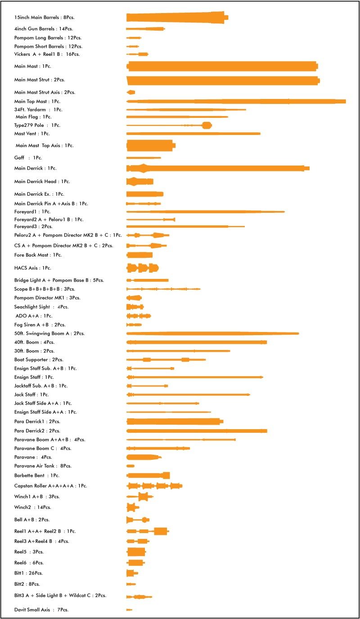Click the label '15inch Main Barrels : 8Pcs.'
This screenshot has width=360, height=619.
click(44, 18)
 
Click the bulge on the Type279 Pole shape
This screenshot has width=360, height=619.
click(207, 126)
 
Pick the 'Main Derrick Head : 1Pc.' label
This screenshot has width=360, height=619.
click(42, 182)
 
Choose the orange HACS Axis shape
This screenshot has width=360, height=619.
click(142, 268)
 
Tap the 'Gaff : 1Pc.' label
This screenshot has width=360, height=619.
click(28, 158)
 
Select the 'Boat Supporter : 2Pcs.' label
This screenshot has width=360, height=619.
click(39, 360)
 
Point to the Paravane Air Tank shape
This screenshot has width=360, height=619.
click(130, 466)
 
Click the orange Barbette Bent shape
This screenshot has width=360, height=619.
click(148, 475)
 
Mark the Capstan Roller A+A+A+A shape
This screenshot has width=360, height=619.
click(154, 486)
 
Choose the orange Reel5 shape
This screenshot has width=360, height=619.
click(136, 552)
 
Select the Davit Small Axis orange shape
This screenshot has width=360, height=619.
click(129, 610)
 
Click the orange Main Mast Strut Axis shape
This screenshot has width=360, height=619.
click(131, 92)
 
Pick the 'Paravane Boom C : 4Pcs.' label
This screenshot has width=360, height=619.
click(43, 449)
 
